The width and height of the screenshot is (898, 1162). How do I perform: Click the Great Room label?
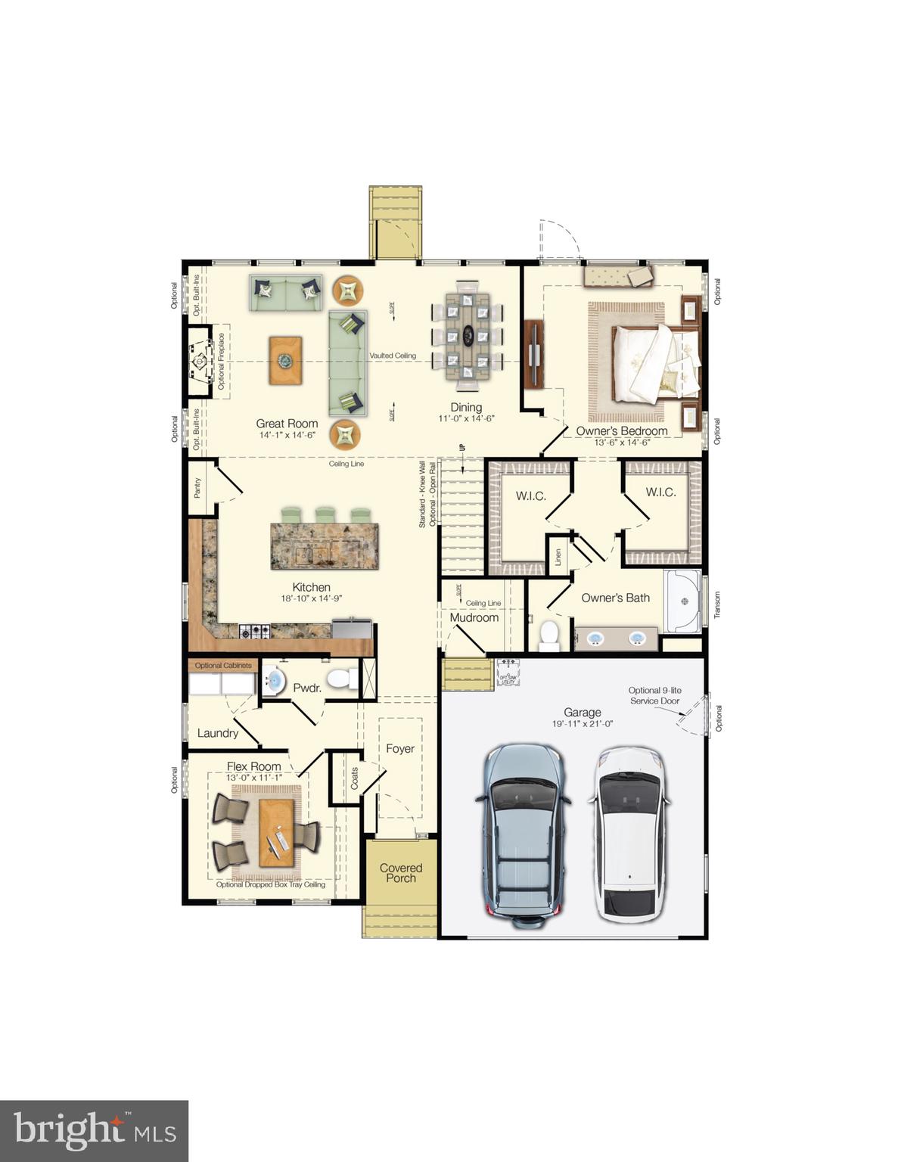coord(287,424)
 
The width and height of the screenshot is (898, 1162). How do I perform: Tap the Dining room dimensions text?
coord(466,418)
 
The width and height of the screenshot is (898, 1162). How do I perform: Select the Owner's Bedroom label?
coord(622,431)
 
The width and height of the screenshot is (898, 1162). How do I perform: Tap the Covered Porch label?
coord(401,873)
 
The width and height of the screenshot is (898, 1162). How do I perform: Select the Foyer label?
coord(400,749)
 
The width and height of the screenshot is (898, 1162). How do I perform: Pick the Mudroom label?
coord(474,617)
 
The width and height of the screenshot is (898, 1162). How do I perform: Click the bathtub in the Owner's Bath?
coord(684,601)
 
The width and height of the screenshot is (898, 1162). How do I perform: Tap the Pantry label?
coord(197,488)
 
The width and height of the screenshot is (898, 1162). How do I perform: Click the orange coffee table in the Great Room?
coord(285,361)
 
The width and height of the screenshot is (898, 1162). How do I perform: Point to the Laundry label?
coord(218,733)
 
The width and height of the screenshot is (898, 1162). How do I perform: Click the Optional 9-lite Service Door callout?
coord(654,695)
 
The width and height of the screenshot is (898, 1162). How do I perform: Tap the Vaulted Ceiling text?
coord(393,356)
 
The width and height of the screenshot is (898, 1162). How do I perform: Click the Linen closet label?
coord(558,558)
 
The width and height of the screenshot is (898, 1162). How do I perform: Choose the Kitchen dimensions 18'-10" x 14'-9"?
coord(312,598)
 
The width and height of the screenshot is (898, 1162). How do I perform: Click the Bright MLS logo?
coord(95,1131)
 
